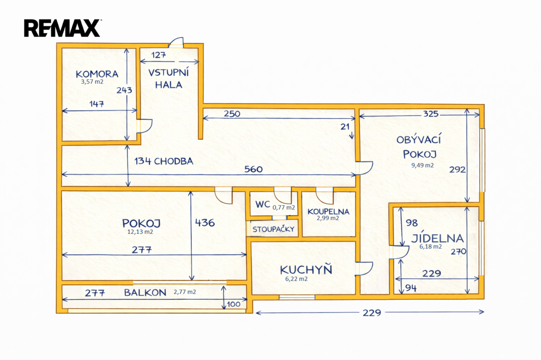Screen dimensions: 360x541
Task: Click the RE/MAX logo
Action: click(x=62, y=27)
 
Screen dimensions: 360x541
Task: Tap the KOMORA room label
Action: click(x=97, y=74)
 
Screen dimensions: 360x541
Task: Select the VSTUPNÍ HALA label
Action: click(x=165, y=78)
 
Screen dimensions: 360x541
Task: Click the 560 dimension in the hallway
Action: click(x=253, y=169)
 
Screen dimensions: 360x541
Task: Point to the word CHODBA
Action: click(x=174, y=161)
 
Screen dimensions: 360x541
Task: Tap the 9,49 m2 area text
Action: click(x=423, y=165)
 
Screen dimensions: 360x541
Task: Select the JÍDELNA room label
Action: click(x=438, y=238)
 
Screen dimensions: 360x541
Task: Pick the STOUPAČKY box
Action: click(x=273, y=229)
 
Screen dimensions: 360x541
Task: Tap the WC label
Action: click(x=263, y=204)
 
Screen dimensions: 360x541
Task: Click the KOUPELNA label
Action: click(x=328, y=211)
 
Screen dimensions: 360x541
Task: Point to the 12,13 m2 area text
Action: click(x=141, y=232)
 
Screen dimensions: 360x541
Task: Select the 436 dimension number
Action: click(x=205, y=223)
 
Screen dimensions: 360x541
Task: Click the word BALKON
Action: click(x=145, y=292)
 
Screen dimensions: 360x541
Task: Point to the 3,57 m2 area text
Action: click(x=92, y=82)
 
